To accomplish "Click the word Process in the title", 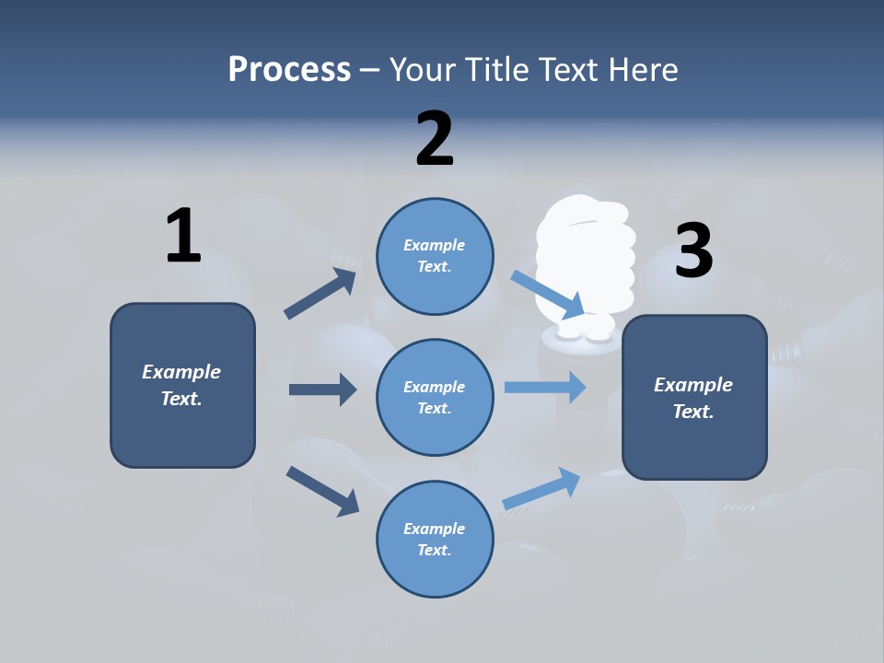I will pos(289,70).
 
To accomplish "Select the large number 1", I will pos(182,236).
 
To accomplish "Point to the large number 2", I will pos(435,138).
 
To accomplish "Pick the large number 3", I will pos(693,250).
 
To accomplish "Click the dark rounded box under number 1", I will pos(182,385).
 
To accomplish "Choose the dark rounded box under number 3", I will pos(694,397).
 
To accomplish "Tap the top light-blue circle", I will pos(435,255).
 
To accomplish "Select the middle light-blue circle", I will pos(435,397).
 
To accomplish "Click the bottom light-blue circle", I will pos(435,539).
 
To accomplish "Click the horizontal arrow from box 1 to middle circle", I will pos(322,390).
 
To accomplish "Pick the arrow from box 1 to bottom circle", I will pos(322,491).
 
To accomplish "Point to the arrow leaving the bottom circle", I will pos(541,488).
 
